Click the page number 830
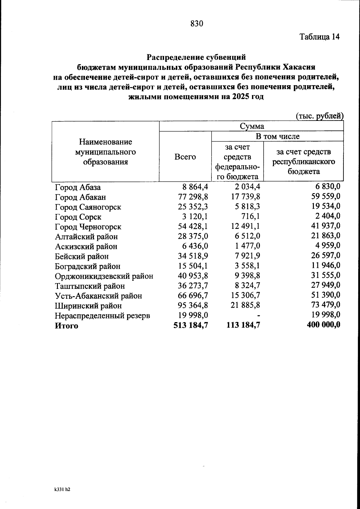(x=197, y=24)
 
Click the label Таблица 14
(x=319, y=37)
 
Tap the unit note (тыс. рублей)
(x=319, y=116)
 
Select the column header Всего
(x=185, y=157)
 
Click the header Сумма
(x=252, y=126)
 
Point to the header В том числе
(x=277, y=136)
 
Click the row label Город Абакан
(x=80, y=197)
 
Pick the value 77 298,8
(x=193, y=197)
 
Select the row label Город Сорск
(x=78, y=217)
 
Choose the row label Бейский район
(x=82, y=256)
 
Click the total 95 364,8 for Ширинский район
(x=193, y=305)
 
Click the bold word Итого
(x=66, y=326)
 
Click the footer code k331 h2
(x=62, y=489)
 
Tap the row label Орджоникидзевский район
(x=104, y=276)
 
